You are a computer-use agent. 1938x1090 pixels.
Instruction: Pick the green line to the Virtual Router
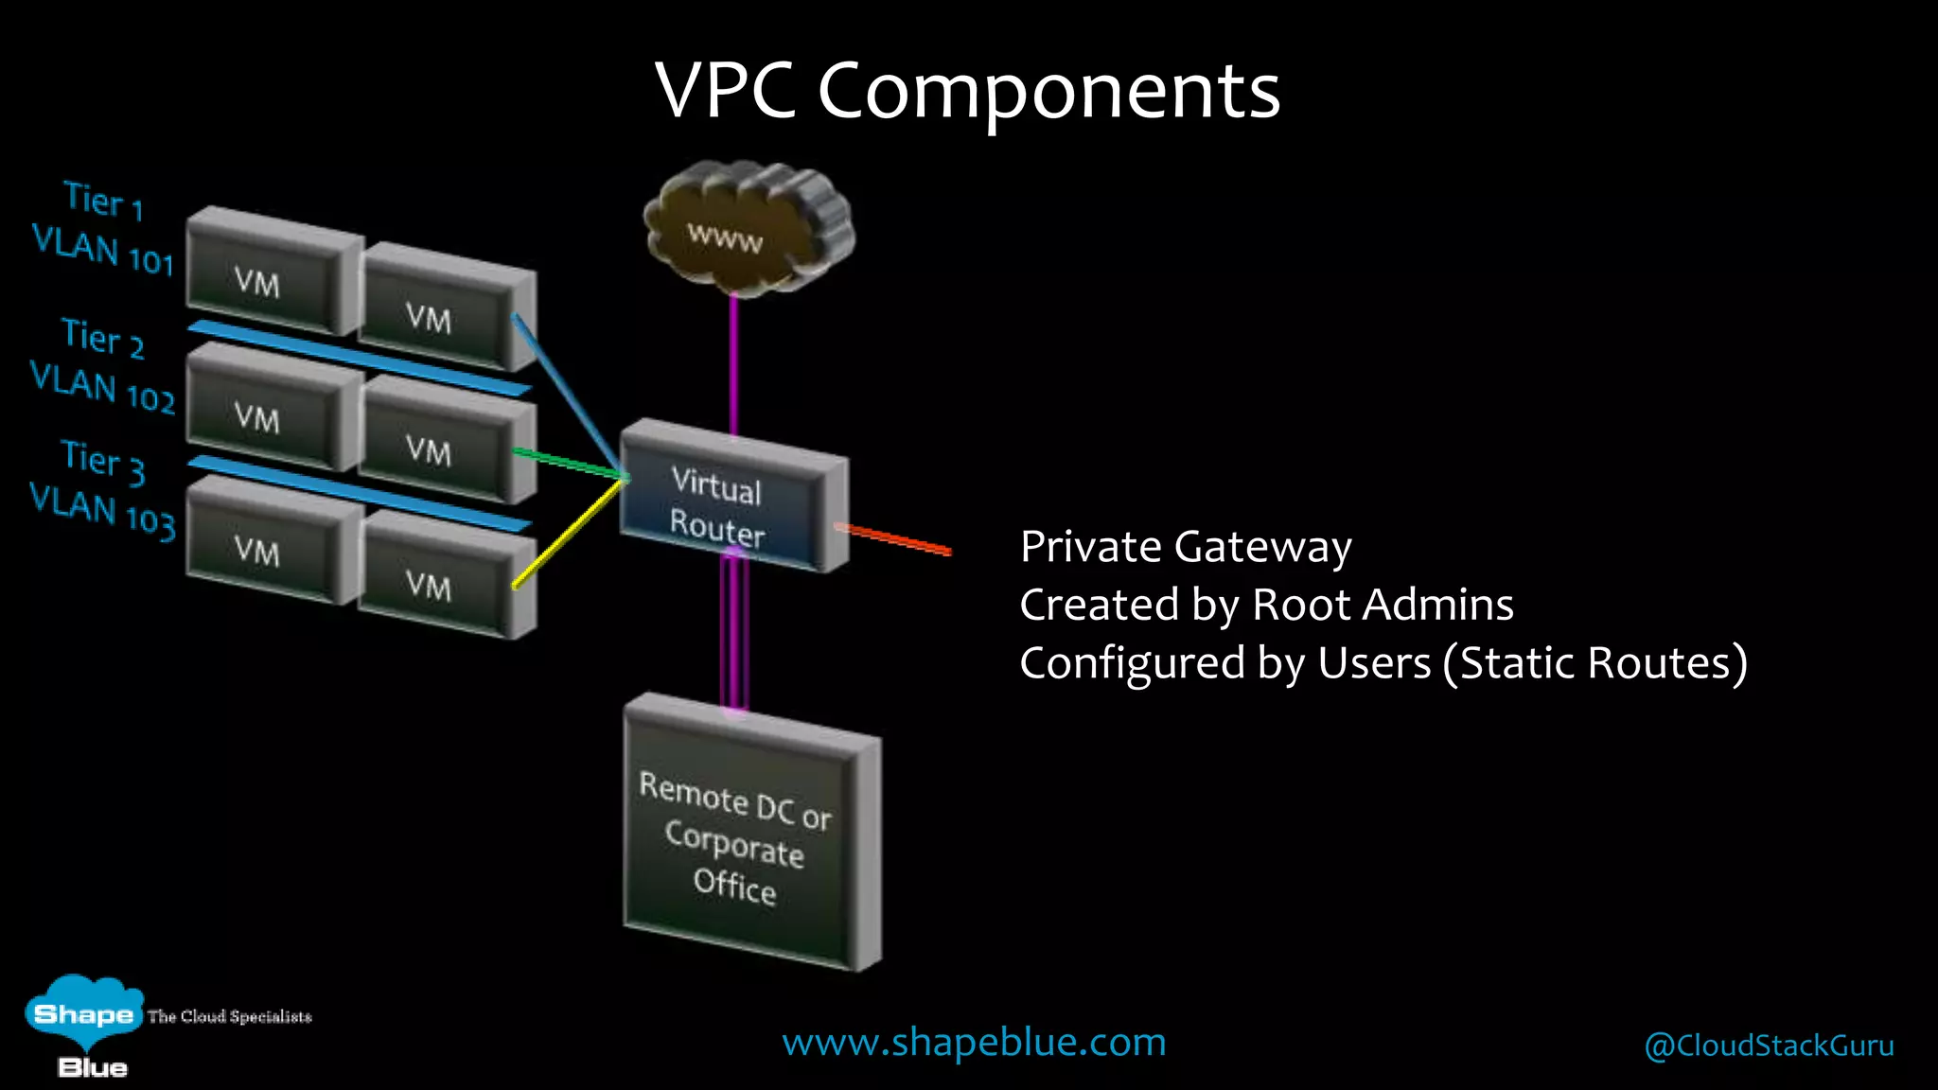pyautogui.click(x=568, y=463)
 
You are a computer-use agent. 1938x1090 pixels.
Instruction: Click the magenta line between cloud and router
pyautogui.click(x=733, y=364)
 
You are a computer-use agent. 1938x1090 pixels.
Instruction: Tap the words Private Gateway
pyautogui.click(x=1186, y=547)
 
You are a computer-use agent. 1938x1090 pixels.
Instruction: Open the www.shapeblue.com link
pyautogui.click(x=974, y=1043)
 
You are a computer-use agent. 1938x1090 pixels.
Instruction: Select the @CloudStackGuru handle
pyautogui.click(x=1769, y=1046)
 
